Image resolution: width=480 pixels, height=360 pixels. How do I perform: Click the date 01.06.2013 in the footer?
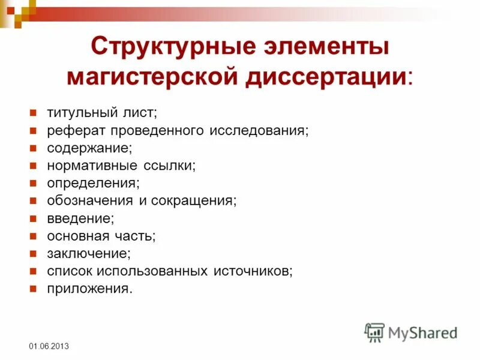[49, 347]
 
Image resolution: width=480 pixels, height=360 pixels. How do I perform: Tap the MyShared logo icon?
[374, 332]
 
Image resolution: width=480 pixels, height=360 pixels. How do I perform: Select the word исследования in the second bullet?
[259, 130]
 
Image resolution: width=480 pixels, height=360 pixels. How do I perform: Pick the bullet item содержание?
[90, 148]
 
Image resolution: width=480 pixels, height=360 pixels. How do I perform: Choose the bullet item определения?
[93, 182]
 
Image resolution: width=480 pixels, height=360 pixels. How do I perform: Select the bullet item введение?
[80, 218]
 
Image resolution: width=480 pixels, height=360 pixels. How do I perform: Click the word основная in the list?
[78, 236]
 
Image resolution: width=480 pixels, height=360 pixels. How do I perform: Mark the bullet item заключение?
[88, 253]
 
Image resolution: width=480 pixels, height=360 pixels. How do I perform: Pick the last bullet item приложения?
[89, 289]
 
